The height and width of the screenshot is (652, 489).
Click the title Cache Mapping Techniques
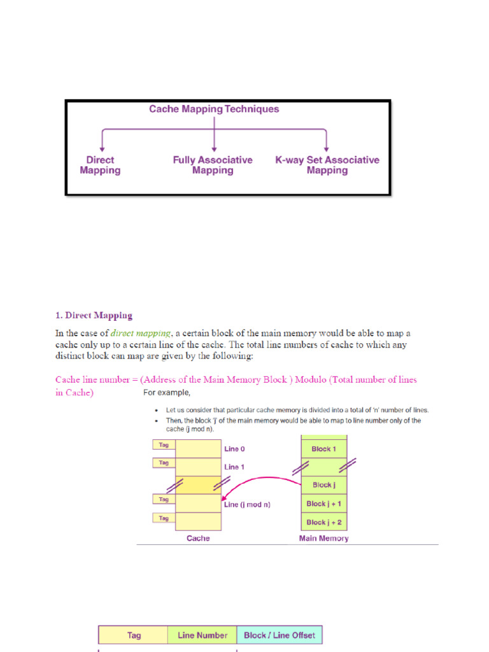(x=214, y=109)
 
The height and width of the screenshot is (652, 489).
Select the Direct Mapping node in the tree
(x=100, y=165)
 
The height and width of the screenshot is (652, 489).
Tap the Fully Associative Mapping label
(x=213, y=165)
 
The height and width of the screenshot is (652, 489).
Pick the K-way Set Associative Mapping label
(x=327, y=165)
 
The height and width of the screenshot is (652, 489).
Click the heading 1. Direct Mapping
(x=94, y=315)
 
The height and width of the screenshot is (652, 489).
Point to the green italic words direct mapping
(x=141, y=333)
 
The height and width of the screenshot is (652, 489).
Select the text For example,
(x=167, y=392)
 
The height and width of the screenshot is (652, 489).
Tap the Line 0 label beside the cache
(x=234, y=449)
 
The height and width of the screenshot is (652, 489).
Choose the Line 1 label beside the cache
(x=234, y=467)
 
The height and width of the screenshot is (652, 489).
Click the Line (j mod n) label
(x=247, y=504)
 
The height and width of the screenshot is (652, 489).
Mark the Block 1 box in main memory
(x=324, y=449)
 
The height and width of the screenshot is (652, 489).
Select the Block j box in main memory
(x=324, y=485)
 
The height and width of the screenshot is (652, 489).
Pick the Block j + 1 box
(x=324, y=504)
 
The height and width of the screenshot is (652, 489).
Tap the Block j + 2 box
(x=324, y=522)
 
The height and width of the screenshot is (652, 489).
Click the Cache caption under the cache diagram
(x=198, y=538)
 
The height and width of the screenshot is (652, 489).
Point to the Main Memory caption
(x=323, y=538)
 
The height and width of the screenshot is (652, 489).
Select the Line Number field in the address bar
(x=202, y=635)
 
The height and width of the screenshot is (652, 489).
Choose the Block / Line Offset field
(x=280, y=635)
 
